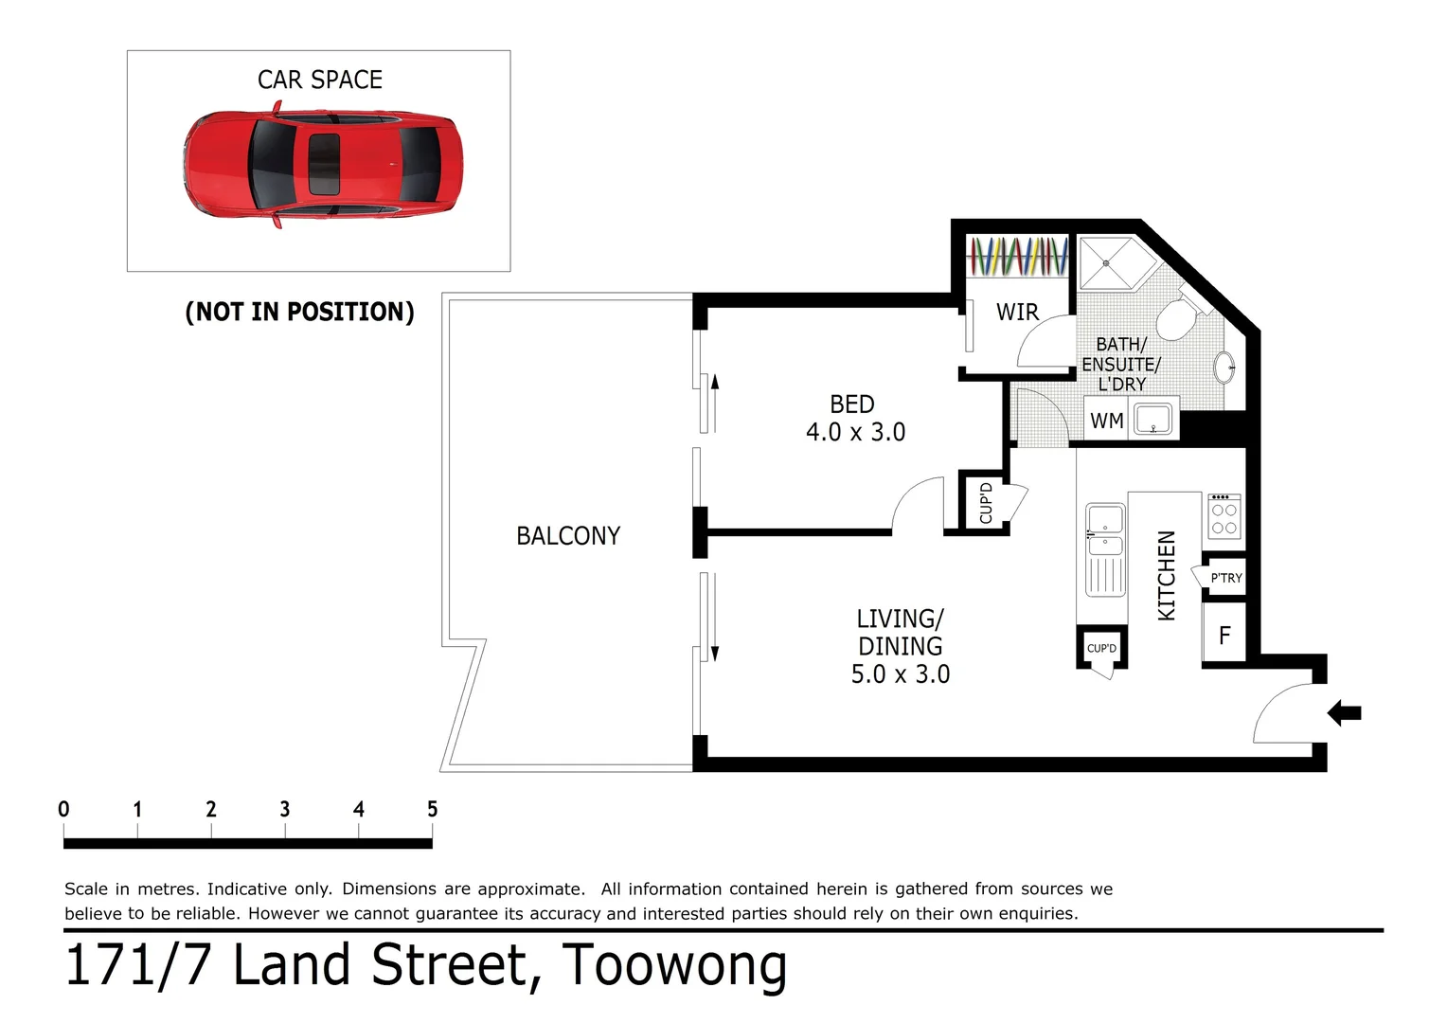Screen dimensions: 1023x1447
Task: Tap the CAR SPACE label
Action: click(x=320, y=81)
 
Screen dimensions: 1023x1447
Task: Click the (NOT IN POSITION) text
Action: click(x=299, y=312)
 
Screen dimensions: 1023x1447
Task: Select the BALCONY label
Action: click(x=568, y=536)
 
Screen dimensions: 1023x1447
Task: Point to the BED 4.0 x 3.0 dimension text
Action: click(x=854, y=419)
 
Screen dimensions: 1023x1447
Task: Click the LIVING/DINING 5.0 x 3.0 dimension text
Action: click(x=900, y=647)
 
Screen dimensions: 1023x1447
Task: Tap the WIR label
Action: click(x=1017, y=312)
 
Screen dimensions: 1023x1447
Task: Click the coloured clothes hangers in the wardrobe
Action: click(x=1016, y=256)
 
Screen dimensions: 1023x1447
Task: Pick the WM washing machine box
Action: click(x=1106, y=421)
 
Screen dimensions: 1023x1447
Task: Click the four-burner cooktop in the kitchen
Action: click(x=1224, y=517)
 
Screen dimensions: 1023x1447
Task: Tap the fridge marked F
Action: click(x=1224, y=636)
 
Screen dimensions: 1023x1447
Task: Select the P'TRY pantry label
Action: click(x=1225, y=578)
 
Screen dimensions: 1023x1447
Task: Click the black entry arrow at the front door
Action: click(x=1345, y=712)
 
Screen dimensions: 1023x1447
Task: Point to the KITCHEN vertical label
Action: click(x=1167, y=575)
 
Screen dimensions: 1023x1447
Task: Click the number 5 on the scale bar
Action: click(x=432, y=809)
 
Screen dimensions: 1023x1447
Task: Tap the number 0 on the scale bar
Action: click(x=63, y=809)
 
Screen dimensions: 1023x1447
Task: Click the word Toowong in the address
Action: click(x=673, y=966)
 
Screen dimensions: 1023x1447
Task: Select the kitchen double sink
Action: click(x=1104, y=530)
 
